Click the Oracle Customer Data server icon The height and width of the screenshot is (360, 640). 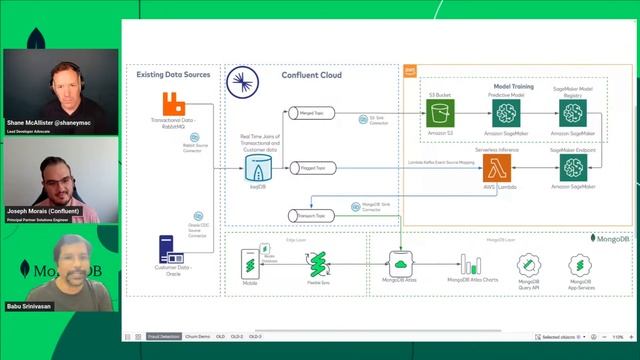(x=169, y=247)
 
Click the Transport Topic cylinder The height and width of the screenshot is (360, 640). (x=307, y=215)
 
